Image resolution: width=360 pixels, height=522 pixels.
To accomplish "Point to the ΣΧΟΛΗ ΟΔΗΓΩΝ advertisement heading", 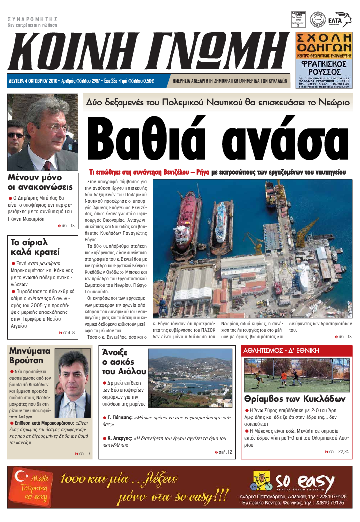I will (324, 43).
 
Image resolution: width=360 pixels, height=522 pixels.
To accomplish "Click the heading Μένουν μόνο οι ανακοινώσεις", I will (41, 182).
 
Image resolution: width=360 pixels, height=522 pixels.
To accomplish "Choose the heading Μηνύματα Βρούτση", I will (30, 355).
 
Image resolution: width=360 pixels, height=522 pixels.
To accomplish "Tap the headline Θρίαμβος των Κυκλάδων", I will (295, 399).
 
